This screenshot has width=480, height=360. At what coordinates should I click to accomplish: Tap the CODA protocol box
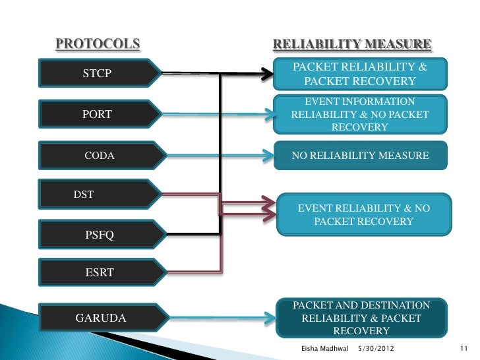coord(99,156)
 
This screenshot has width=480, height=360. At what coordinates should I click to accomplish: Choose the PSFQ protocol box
coord(99,235)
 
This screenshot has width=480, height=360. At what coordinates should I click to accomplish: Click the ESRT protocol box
coord(99,272)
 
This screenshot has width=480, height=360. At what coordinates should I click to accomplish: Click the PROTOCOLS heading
coord(98,44)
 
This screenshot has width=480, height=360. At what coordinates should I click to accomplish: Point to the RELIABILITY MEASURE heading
coord(352,45)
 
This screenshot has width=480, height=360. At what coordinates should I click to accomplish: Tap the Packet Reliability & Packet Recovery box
coord(360,74)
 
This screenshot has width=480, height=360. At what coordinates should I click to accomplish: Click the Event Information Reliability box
coord(360,114)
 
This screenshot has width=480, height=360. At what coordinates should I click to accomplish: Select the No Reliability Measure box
coord(360,156)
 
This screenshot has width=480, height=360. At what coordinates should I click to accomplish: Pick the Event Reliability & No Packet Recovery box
coord(364,215)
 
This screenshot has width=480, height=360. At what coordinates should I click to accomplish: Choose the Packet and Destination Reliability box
coord(360,318)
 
